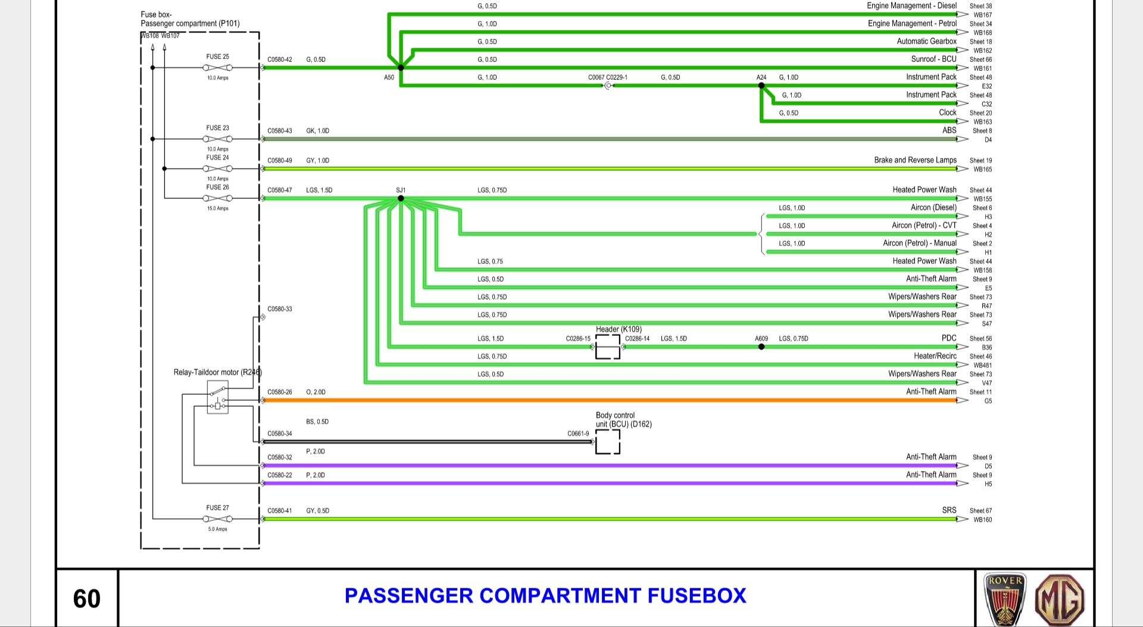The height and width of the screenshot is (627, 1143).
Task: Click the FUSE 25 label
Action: [x=217, y=57]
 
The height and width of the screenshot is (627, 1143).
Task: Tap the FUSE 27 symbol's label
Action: [x=217, y=508]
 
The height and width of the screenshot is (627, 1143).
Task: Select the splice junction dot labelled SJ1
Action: [x=401, y=198]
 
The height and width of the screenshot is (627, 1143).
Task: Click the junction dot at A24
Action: [x=761, y=86]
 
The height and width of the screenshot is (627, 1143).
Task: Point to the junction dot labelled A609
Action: [x=761, y=347]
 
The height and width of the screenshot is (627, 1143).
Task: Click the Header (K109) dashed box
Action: [x=608, y=347]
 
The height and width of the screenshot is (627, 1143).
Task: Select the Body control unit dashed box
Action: [x=608, y=442]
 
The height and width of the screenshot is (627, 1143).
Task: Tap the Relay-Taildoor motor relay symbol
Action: [x=217, y=397]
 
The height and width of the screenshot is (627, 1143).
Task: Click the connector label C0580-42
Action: [x=280, y=60]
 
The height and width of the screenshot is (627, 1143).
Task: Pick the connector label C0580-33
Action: [x=280, y=309]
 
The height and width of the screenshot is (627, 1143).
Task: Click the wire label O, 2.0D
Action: [x=316, y=392]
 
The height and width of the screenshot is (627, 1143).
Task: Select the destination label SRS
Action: [x=949, y=510]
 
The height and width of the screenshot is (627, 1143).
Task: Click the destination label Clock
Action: [x=947, y=113]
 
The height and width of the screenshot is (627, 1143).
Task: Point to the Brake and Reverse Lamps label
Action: [x=915, y=160]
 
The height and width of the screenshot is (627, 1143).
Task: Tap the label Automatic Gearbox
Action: [x=926, y=41]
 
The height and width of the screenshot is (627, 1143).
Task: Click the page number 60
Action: [x=87, y=598]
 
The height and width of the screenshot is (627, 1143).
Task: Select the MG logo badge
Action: [x=1060, y=600]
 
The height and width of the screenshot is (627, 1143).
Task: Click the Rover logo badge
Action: [x=1005, y=600]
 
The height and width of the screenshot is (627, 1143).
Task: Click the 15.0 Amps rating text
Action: [x=217, y=208]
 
